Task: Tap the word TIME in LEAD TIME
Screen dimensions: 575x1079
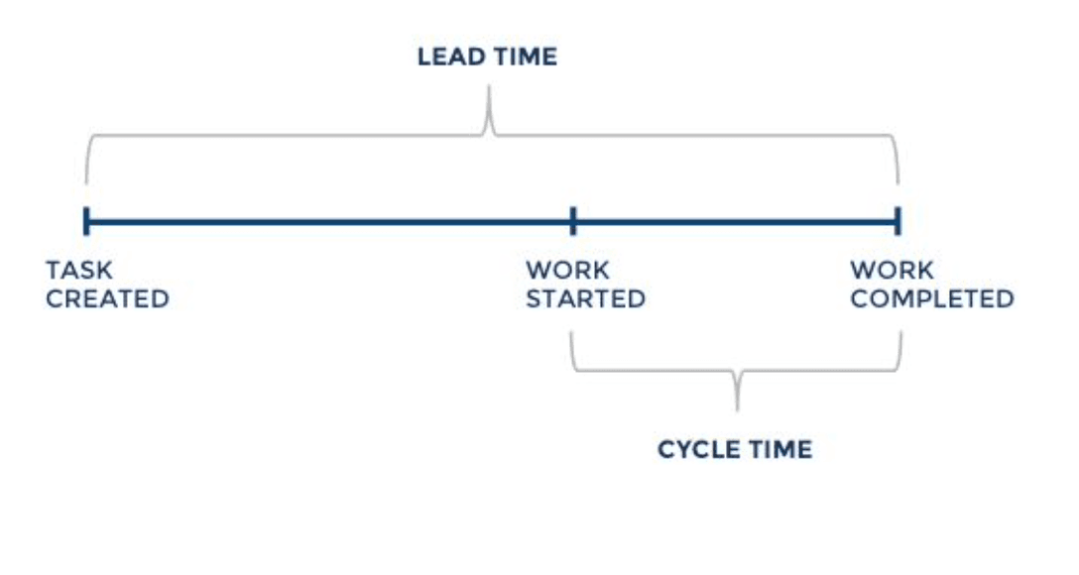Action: coord(524,57)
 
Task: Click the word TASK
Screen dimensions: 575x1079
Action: coord(79,270)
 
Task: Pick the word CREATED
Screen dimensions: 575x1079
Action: coord(107,298)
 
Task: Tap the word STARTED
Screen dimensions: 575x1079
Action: coord(585,298)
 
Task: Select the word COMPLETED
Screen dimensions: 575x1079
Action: coord(931,298)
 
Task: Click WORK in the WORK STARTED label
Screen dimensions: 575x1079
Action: coord(567,270)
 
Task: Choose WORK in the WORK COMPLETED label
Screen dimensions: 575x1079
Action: coord(892,270)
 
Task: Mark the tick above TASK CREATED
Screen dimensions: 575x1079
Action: coord(86,220)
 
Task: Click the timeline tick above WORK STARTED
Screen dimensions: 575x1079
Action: coord(573,220)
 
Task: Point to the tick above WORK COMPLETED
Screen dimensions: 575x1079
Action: coord(898,220)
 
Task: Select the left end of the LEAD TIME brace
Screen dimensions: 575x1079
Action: coord(87,178)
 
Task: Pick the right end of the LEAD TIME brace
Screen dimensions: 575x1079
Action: coord(899,178)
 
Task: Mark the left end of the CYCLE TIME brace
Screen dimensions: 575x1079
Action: coord(573,337)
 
